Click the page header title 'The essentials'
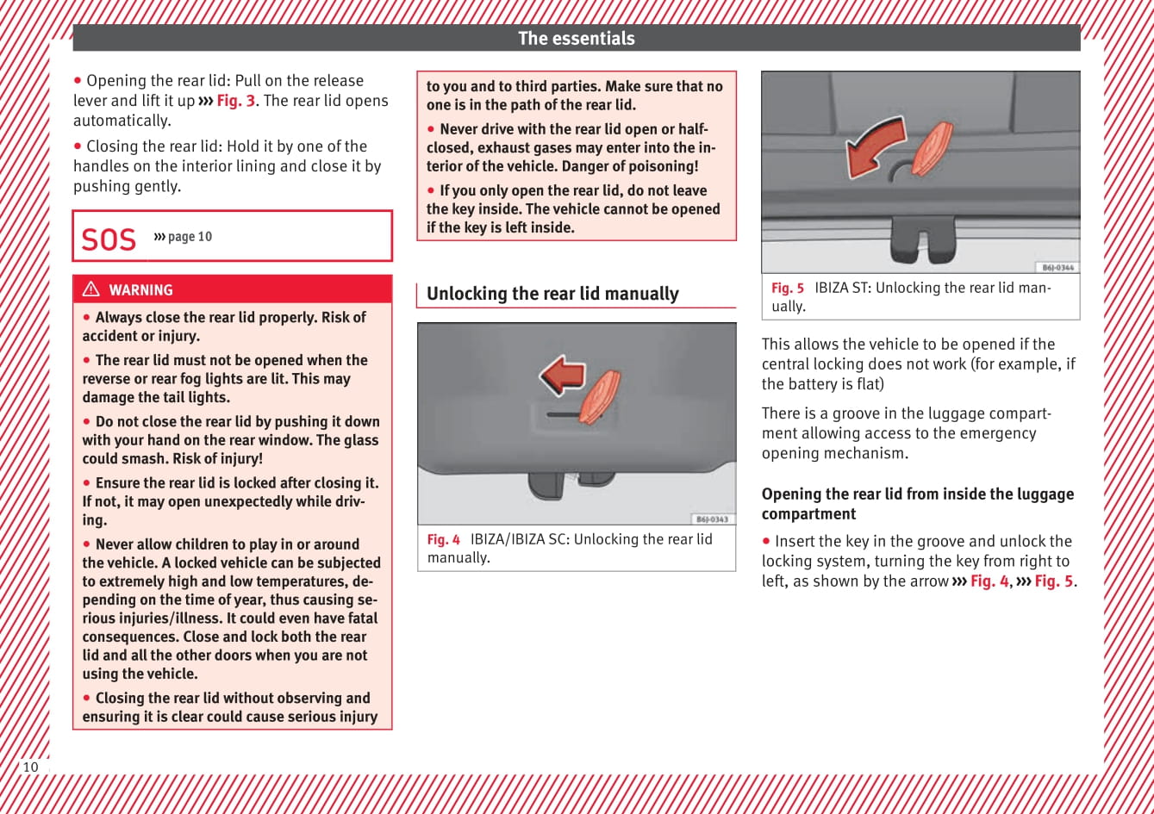[x=576, y=38]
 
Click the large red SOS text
[x=109, y=239]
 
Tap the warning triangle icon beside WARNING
[x=90, y=290]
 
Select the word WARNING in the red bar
[x=140, y=290]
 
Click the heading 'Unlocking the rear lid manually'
[x=552, y=294]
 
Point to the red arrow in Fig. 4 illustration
[x=562, y=375]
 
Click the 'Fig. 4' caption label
[x=444, y=540]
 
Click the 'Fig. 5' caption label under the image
[x=788, y=289]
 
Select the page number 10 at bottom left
[x=31, y=767]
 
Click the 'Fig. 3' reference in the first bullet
[x=235, y=101]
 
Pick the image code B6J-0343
[x=712, y=519]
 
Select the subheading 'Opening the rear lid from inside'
[x=917, y=494]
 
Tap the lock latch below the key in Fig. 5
[x=923, y=239]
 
